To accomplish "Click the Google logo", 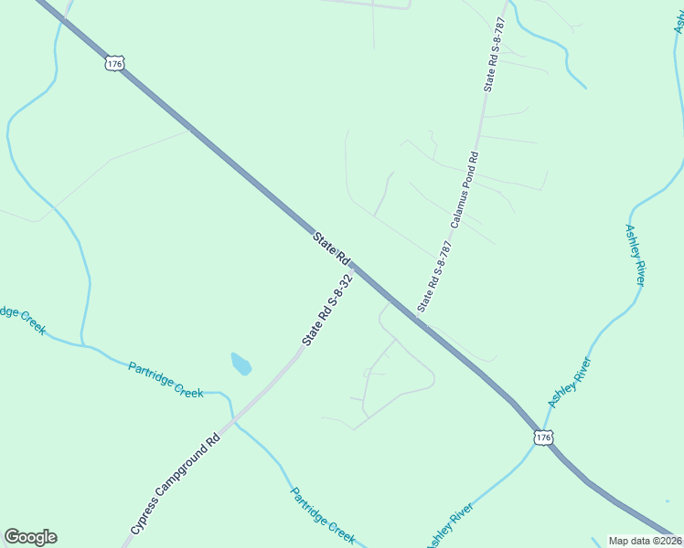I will pyautogui.click(x=30, y=537).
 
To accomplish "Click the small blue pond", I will pyautogui.click(x=240, y=364).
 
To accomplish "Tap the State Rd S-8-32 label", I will pyautogui.click(x=327, y=308).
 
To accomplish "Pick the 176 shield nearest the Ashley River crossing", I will pyautogui.click(x=543, y=437).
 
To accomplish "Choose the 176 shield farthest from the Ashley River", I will pyautogui.click(x=113, y=62).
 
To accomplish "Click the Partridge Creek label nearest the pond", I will pyautogui.click(x=166, y=378).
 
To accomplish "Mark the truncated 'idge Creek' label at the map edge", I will pyautogui.click(x=21, y=319).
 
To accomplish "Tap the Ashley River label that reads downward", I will pyautogui.click(x=636, y=255).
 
